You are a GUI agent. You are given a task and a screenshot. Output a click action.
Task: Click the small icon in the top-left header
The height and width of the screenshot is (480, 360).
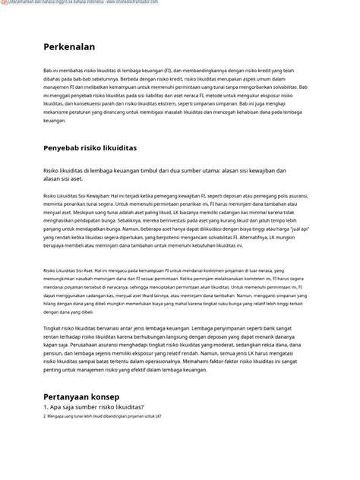click(x=4, y=3)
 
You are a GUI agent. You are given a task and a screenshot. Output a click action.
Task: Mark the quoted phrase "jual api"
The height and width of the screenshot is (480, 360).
click(x=303, y=229)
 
